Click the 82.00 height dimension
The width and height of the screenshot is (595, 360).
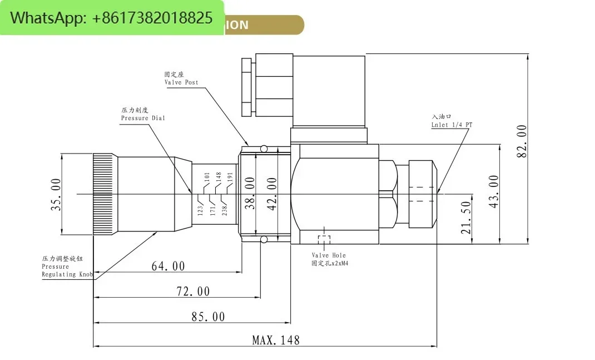click(522, 141)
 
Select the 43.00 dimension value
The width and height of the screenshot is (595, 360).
click(493, 191)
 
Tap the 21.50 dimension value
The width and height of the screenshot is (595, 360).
click(467, 217)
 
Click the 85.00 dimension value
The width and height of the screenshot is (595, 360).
click(208, 317)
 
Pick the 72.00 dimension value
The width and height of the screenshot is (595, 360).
click(193, 292)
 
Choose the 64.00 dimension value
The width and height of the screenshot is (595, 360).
click(168, 267)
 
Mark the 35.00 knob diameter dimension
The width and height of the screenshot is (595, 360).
click(56, 194)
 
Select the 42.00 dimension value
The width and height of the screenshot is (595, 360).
click(272, 193)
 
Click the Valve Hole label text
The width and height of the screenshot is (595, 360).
click(328, 255)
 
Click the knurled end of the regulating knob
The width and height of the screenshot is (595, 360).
click(104, 193)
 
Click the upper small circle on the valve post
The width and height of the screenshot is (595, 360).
click(264, 149)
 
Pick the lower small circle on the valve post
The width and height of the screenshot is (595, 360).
click(264, 239)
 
